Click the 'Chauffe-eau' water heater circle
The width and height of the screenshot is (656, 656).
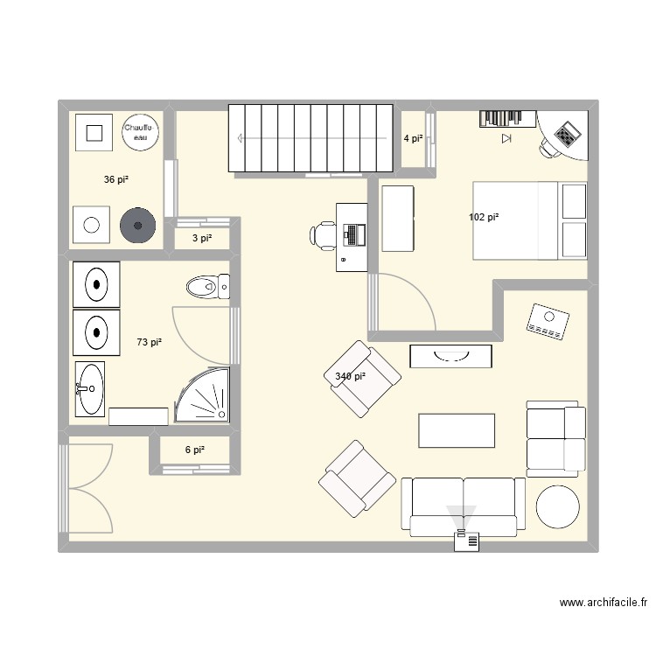pyautogui.click(x=141, y=132)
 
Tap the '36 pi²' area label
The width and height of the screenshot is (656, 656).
pyautogui.click(x=116, y=179)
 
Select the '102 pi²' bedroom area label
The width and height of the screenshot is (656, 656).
pyautogui.click(x=484, y=217)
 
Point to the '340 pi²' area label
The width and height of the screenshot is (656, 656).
pyautogui.click(x=350, y=376)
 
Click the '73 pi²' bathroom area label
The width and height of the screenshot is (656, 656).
pyautogui.click(x=150, y=342)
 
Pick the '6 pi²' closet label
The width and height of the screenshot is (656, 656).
pyautogui.click(x=194, y=450)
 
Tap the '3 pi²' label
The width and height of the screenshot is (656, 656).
pyautogui.click(x=202, y=238)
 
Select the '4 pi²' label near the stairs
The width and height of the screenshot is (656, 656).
pyautogui.click(x=413, y=138)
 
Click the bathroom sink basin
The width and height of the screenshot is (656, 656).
pyautogui.click(x=89, y=387)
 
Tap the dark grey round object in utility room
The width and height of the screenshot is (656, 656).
pyautogui.click(x=136, y=226)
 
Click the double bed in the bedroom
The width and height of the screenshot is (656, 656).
pyautogui.click(x=514, y=220)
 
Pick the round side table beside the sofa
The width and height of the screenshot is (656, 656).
pyautogui.click(x=557, y=507)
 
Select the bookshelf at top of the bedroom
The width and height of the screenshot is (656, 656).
pyautogui.click(x=506, y=118)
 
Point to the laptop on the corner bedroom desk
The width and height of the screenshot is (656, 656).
pyautogui.click(x=567, y=135)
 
